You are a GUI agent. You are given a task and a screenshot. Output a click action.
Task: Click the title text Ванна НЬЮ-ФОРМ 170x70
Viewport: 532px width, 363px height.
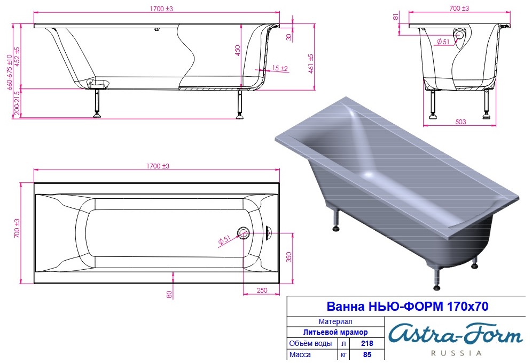click(407, 306)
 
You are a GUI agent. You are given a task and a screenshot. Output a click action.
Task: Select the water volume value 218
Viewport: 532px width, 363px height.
click(367, 343)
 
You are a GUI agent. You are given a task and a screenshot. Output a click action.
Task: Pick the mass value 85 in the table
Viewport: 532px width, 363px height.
click(367, 354)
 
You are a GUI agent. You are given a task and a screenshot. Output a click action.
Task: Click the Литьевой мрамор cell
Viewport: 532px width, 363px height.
click(335, 332)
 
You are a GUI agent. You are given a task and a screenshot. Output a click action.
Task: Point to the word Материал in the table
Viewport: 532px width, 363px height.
click(335, 321)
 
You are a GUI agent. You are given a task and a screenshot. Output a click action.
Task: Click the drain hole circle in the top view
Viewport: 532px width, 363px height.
click(243, 233)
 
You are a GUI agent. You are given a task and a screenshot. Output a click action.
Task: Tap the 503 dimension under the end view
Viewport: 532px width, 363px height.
click(460, 122)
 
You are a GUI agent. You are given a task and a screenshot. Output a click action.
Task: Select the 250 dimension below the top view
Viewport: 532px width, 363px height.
click(262, 290)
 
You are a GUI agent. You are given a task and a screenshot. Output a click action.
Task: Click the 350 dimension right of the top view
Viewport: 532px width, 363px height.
click(289, 257)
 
